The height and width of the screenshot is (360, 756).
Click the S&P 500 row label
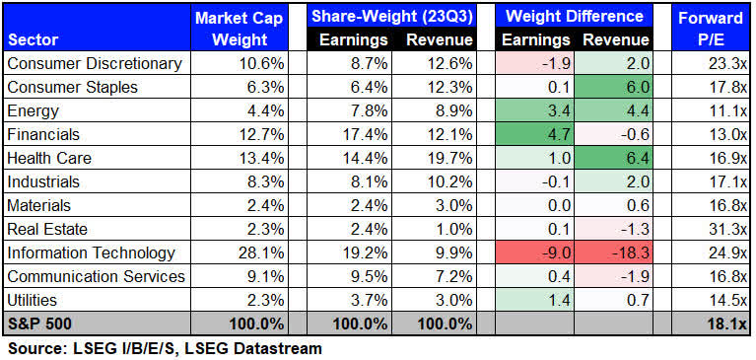point(36,324)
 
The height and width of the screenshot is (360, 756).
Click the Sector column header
point(32,40)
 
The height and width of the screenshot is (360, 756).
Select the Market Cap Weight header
point(232,29)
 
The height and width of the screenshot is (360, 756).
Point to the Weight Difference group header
point(575,17)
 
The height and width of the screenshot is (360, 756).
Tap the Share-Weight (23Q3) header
point(389,17)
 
